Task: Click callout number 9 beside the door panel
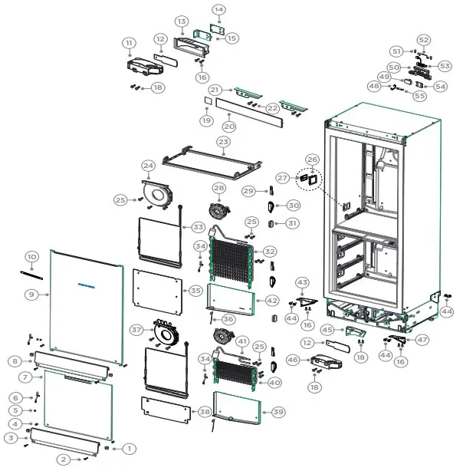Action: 31,294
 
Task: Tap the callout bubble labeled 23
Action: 223,142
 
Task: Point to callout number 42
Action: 273,301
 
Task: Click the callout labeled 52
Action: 423,39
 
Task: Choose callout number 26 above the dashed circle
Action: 313,160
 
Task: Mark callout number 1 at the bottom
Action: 129,448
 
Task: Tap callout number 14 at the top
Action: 218,9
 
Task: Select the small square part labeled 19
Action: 206,100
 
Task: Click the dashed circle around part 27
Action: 309,179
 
